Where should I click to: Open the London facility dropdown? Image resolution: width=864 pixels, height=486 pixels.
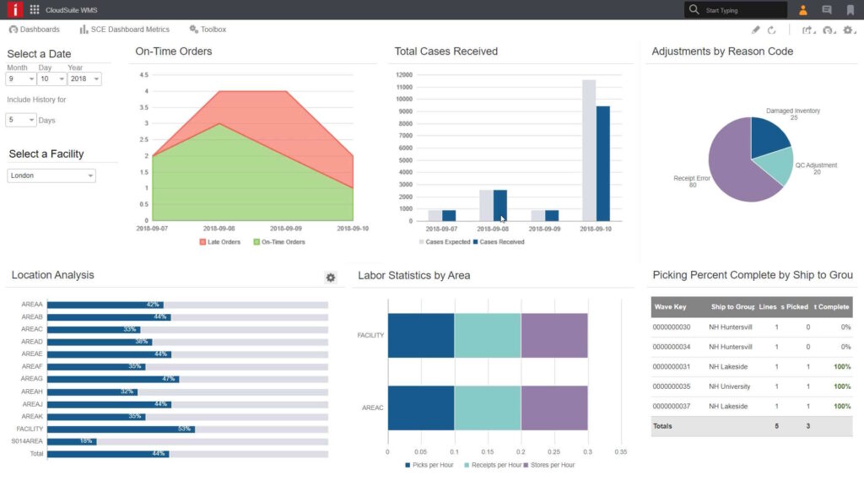coord(51,175)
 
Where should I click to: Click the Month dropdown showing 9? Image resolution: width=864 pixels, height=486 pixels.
coord(20,78)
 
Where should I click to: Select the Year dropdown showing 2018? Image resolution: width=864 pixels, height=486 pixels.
coord(84,78)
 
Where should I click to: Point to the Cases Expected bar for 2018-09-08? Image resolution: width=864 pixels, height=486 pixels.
coord(486,205)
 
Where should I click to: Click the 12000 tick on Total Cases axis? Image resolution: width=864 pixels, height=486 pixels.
coord(403,74)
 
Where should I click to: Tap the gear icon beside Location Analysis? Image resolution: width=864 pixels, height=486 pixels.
coord(331,278)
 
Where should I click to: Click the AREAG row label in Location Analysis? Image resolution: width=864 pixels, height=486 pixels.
coord(32,379)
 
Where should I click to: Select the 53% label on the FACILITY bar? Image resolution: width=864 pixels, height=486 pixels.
coord(184,429)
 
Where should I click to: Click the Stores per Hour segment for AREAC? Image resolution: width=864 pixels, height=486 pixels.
coord(554,408)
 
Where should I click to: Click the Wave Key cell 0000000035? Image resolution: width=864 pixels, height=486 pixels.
coord(672,386)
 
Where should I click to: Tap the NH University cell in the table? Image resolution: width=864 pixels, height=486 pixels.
coord(732,386)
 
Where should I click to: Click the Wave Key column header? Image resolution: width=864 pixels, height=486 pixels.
coord(670,307)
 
